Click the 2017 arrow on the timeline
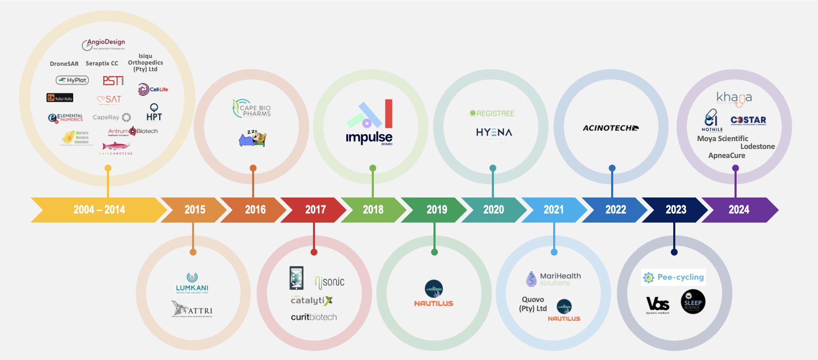(315, 210)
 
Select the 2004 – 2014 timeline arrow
(99, 210)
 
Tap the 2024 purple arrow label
(739, 210)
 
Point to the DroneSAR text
(64, 64)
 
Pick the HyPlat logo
(72, 80)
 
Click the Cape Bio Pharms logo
(252, 109)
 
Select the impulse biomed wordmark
(369, 137)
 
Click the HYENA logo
(494, 132)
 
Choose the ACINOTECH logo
(610, 128)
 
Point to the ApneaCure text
(726, 156)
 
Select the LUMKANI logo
(192, 283)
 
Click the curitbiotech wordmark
(314, 317)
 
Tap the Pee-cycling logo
(674, 277)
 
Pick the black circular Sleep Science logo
(693, 302)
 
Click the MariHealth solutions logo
(554, 279)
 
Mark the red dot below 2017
(314, 252)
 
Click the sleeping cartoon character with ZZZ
(253, 139)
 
